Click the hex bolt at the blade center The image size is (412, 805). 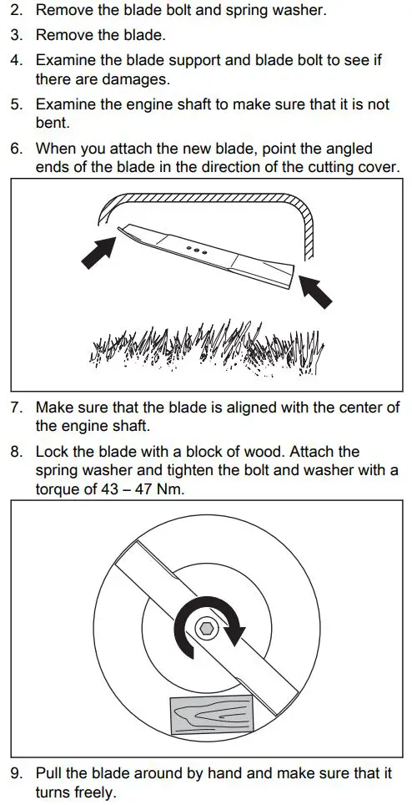tap(205, 628)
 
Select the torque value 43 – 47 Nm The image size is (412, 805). tap(142, 489)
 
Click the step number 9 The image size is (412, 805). tap(16, 773)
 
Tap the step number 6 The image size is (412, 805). tap(16, 148)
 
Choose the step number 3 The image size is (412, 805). tap(16, 35)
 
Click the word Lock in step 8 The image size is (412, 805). tap(51, 451)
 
